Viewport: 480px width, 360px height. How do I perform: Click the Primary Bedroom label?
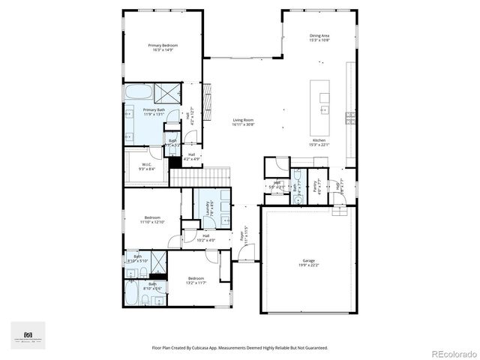[x=163, y=48]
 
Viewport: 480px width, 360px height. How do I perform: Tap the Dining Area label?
[x=319, y=37]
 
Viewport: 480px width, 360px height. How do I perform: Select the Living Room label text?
[x=243, y=122]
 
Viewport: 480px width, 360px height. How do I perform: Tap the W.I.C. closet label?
[x=147, y=166]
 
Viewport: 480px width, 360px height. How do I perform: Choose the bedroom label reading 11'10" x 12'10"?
[x=151, y=220]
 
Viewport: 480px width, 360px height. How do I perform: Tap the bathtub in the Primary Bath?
[x=138, y=94]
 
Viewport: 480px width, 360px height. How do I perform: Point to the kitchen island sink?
[x=324, y=97]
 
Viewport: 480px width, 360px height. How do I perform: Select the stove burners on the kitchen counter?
[x=349, y=116]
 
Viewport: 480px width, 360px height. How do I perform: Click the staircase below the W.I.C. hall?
[x=198, y=178]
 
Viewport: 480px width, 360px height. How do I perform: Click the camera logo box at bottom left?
[x=28, y=335]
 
